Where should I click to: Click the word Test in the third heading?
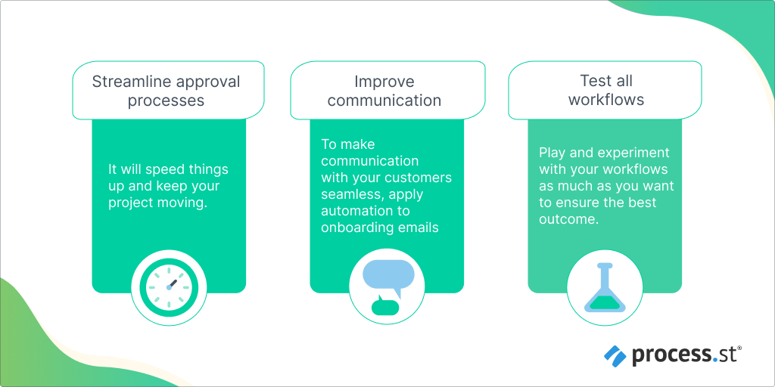coord(593,81)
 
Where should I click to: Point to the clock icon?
coord(169,286)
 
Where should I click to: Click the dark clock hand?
coord(172,283)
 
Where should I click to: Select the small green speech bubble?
coord(384,306)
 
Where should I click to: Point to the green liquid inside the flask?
coord(605,302)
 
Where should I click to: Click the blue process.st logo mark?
coord(615,355)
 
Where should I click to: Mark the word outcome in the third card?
coord(569,220)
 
